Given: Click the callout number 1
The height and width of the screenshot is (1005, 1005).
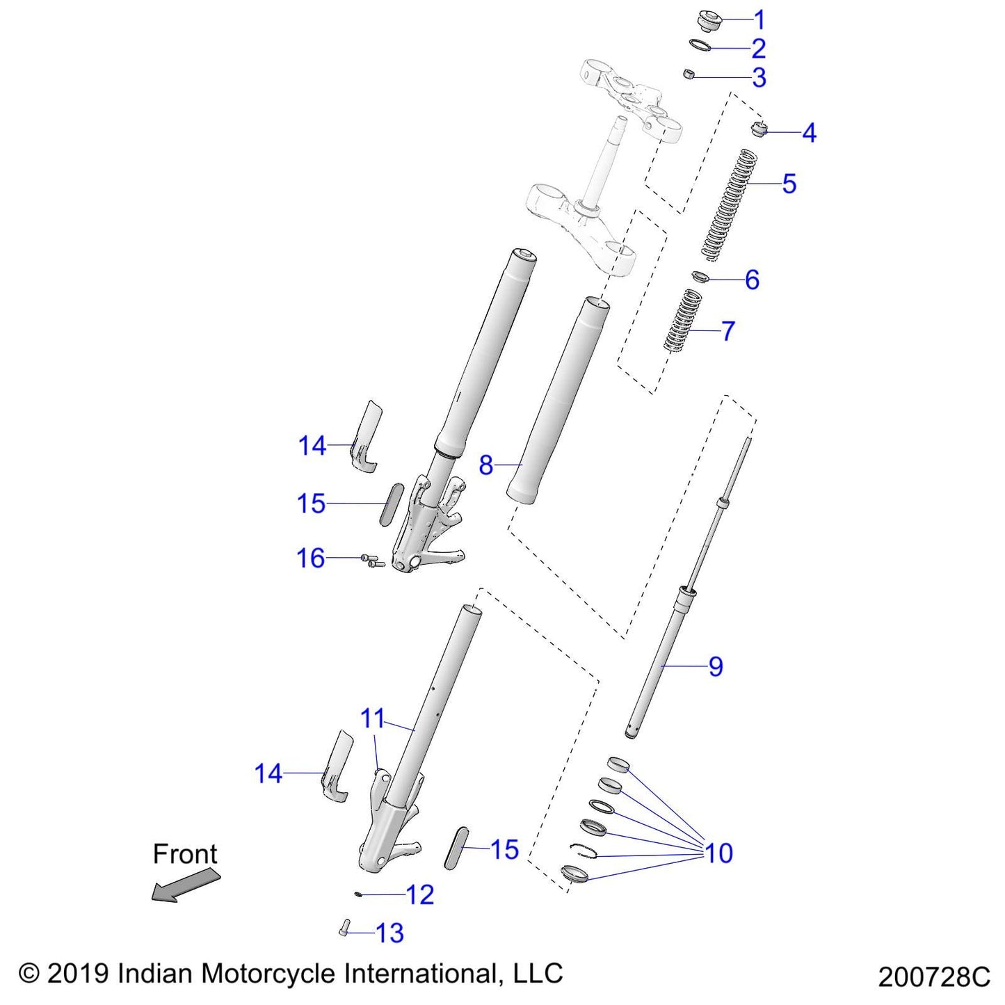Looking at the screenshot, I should (x=759, y=19).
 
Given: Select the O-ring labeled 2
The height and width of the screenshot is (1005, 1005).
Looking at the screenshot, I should (x=700, y=46).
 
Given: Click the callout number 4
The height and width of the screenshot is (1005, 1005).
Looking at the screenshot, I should (x=809, y=132).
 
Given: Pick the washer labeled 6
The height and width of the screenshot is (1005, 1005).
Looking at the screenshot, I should (x=700, y=277).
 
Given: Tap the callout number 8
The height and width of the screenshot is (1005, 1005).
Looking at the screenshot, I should (x=485, y=465).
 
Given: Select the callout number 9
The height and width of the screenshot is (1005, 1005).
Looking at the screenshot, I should (x=716, y=666).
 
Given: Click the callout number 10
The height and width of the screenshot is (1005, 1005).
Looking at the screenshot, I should (x=719, y=853).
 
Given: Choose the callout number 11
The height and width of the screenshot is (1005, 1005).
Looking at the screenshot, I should (x=373, y=718).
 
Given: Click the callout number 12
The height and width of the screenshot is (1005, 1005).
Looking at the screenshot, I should (x=420, y=894).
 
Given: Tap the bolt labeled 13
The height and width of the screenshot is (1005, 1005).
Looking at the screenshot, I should (x=344, y=928).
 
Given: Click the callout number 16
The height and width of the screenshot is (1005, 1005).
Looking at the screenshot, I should (x=311, y=558).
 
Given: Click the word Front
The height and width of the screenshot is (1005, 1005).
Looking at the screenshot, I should (x=185, y=854).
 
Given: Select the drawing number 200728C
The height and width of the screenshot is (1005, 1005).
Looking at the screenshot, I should (x=933, y=977).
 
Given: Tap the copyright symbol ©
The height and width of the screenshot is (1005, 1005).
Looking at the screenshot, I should (x=29, y=973).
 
